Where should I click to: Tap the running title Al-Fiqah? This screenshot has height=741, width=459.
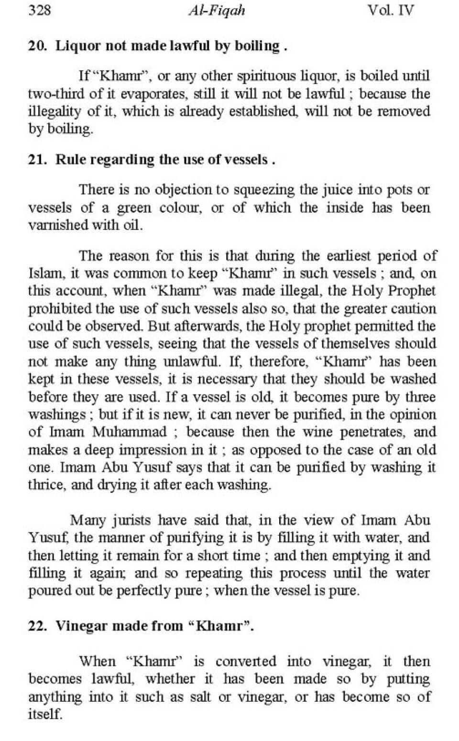click(x=217, y=11)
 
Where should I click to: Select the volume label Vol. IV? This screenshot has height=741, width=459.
click(x=391, y=11)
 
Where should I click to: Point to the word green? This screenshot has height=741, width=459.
click(x=134, y=208)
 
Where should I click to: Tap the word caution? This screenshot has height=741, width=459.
click(x=413, y=309)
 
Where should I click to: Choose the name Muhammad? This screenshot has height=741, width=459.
click(x=130, y=432)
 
